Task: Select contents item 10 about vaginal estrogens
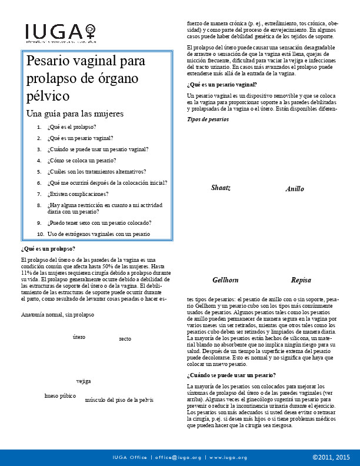[x=98, y=234]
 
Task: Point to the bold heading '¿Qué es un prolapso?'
[x=48, y=249]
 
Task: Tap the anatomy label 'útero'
[x=79, y=337]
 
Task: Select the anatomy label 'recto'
[x=125, y=339]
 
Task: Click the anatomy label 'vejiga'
[x=84, y=381]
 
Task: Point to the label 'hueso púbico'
[x=60, y=396]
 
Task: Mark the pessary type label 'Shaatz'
[x=221, y=188]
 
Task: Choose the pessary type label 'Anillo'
[x=295, y=189]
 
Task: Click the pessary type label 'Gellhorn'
[x=225, y=280]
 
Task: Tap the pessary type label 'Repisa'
[x=301, y=280]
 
